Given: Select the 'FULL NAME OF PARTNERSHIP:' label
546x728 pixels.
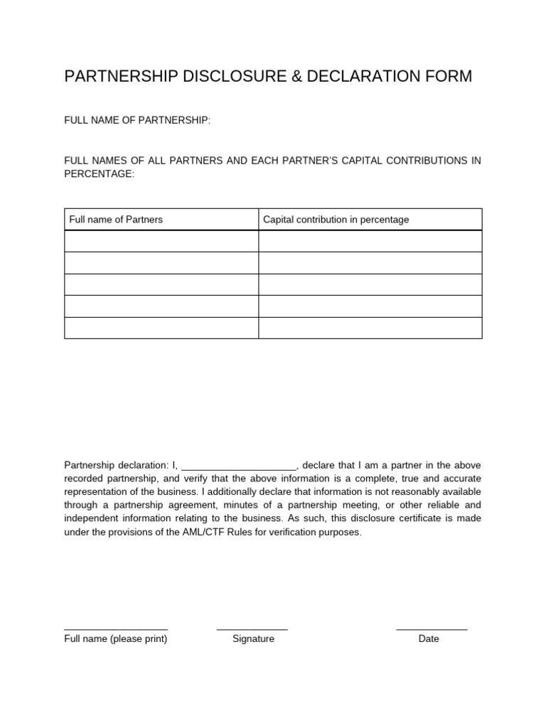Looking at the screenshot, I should click(137, 121).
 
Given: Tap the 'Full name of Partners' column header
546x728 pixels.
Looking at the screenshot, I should click(116, 220).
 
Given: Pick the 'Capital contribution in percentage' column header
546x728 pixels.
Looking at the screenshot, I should click(336, 220).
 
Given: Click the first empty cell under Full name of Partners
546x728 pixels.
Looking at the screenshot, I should click(161, 242).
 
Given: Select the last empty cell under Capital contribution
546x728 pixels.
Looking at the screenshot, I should click(370, 328).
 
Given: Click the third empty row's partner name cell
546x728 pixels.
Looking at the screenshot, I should click(161, 284).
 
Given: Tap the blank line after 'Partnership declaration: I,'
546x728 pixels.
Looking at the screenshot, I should click(239, 466).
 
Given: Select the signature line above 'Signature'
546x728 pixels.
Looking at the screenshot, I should click(252, 629).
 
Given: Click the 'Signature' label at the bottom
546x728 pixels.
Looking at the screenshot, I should click(253, 639).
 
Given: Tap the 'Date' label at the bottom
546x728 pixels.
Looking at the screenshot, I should click(429, 639).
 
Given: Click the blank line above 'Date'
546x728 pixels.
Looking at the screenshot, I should click(432, 629).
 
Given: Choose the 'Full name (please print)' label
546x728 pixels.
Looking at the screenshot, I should click(116, 639).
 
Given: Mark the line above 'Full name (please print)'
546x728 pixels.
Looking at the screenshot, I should click(116, 629).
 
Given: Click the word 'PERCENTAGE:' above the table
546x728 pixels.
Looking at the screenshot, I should click(99, 174).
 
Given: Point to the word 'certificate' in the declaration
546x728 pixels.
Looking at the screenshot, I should click(411, 518).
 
